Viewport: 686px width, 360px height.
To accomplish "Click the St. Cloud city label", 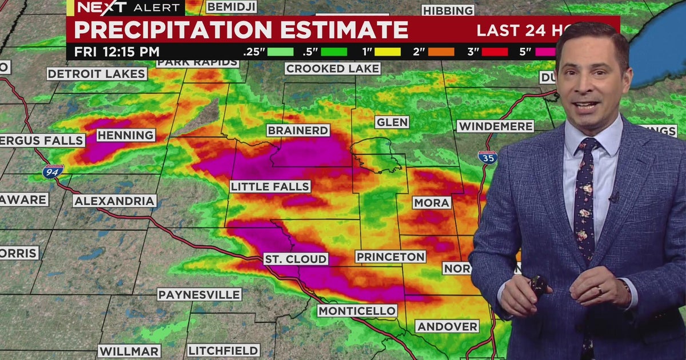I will tap(296, 259).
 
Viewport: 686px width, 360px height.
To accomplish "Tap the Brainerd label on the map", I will tap(298, 130).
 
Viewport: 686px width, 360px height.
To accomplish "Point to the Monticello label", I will tap(357, 311).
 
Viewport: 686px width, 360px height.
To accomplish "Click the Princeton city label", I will tap(391, 257).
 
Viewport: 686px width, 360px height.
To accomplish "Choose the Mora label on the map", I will tap(432, 202).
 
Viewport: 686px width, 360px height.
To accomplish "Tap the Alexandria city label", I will tap(114, 201).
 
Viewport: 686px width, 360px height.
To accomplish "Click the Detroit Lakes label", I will tap(97, 74).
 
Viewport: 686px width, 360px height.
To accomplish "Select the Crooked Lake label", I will tap(333, 69).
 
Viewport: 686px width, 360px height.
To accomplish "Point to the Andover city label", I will tap(447, 326).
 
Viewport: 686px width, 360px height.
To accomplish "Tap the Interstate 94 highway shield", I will tap(53, 171).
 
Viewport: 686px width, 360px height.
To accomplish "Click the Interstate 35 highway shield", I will tap(488, 158).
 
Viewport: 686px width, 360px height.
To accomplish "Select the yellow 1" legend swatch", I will tap(388, 51).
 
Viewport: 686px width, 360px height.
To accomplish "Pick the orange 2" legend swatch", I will tap(441, 51).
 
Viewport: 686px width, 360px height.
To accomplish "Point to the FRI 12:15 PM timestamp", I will tap(117, 51).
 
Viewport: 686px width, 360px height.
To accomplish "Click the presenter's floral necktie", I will tap(584, 200).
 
